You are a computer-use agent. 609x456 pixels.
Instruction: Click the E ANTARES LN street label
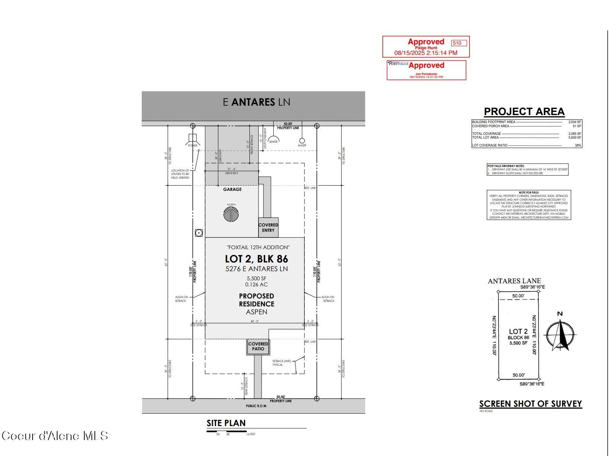[256, 102]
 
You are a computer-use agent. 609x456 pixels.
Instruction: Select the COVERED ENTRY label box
[268, 228]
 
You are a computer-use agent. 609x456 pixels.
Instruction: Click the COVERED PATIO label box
[258, 347]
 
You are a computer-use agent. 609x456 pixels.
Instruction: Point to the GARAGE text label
[232, 189]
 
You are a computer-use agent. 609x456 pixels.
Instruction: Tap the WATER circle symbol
[302, 141]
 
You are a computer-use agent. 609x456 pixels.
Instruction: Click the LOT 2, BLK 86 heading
[256, 259]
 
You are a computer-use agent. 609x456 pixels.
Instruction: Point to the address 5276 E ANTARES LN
[256, 269]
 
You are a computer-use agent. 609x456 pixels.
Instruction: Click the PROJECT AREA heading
[524, 112]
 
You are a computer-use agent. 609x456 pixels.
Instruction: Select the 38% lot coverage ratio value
[578, 145]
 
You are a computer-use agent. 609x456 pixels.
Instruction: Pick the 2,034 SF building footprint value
[575, 122]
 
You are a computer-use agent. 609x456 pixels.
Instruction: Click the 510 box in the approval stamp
[459, 43]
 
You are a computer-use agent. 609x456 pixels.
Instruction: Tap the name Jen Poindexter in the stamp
[426, 74]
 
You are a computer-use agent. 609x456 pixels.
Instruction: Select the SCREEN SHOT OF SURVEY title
[530, 404]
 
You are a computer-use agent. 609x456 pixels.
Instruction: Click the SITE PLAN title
[226, 423]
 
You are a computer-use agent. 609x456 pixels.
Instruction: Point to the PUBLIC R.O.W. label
[256, 406]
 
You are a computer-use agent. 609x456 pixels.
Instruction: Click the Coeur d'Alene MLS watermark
[55, 436]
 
